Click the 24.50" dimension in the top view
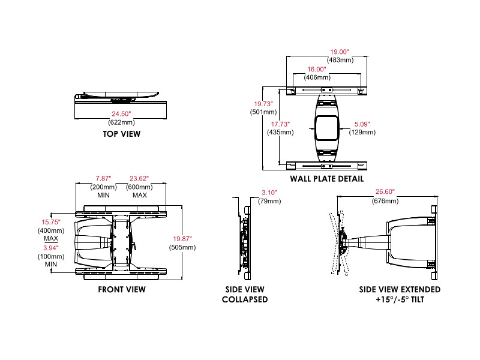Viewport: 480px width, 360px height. click(121, 113)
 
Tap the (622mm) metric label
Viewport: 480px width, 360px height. click(121, 122)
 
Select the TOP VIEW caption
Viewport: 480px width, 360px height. click(121, 134)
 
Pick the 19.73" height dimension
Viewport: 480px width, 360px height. click(263, 103)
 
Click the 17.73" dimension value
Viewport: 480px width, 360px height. click(280, 124)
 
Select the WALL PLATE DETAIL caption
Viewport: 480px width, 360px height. click(326, 179)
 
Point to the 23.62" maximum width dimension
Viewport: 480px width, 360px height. click(139, 179)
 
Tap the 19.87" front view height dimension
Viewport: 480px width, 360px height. click(183, 239)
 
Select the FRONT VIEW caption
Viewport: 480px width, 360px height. click(122, 289)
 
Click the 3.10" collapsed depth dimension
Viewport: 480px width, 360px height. click(270, 193)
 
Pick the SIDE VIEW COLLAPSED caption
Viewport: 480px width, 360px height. click(245, 294)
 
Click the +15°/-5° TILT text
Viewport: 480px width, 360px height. click(400, 299)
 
